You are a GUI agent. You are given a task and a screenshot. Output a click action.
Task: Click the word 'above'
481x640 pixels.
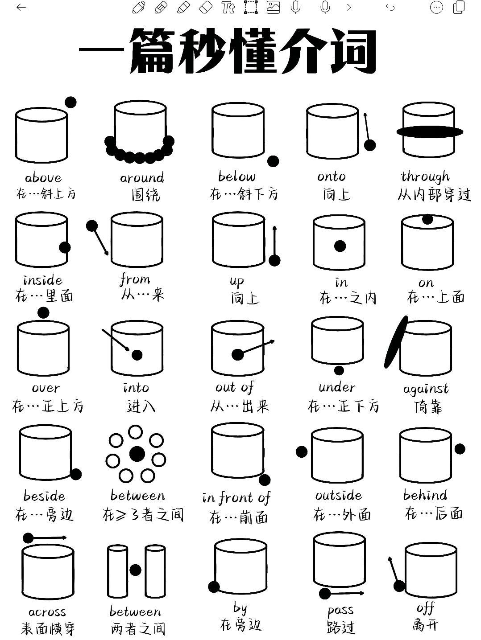(x=43, y=178)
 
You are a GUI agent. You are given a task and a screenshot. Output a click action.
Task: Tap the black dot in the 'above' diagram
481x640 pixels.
(x=70, y=102)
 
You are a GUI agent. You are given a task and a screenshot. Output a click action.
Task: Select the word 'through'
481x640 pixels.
(x=425, y=176)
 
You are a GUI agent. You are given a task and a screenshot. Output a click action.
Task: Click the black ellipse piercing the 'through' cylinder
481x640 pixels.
(x=430, y=131)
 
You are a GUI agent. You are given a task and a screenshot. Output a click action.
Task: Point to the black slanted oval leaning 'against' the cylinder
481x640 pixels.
(x=396, y=342)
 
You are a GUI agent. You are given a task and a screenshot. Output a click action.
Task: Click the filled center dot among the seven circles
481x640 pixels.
(x=137, y=454)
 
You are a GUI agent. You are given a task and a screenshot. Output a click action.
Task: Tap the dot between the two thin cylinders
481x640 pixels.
(x=135, y=570)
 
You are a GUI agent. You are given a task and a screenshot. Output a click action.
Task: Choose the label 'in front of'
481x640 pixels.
(x=236, y=497)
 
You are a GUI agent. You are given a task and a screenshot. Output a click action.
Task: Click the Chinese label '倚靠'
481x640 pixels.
(x=427, y=406)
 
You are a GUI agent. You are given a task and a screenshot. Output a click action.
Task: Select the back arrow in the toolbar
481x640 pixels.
(x=21, y=8)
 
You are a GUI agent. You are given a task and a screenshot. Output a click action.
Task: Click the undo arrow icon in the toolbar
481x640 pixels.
(x=390, y=8)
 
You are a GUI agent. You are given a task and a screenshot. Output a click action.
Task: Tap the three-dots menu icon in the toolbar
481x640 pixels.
(x=436, y=8)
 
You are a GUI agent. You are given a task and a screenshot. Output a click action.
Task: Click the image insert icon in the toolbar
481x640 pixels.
(x=273, y=8)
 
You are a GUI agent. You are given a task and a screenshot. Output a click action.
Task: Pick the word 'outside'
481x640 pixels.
(x=338, y=495)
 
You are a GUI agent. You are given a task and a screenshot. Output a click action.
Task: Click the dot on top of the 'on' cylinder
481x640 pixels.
(x=427, y=219)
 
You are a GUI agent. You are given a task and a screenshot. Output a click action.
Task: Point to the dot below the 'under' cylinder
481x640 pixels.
(x=339, y=370)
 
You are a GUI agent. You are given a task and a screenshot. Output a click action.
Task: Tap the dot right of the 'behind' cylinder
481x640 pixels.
(x=460, y=449)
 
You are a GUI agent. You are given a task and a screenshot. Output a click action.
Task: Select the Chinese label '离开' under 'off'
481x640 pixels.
(x=425, y=625)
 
